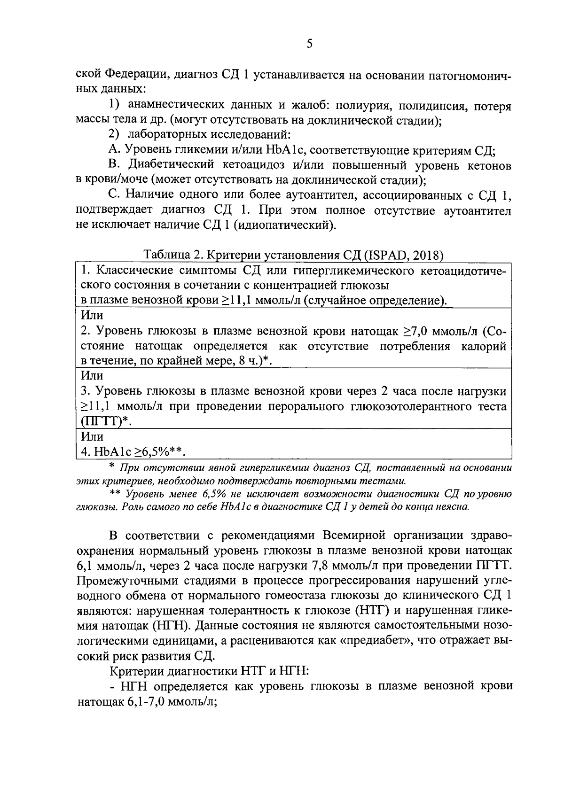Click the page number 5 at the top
(x=309, y=44)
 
